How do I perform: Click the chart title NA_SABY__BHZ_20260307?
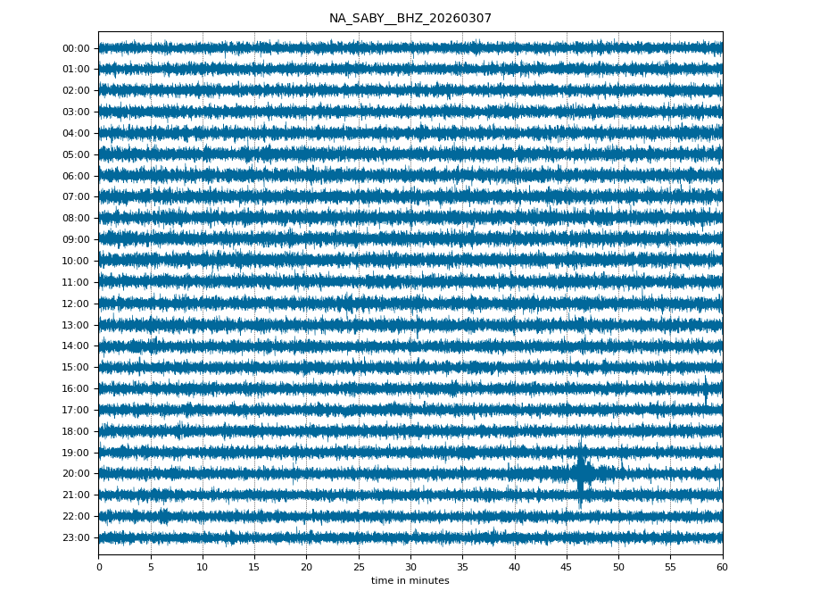click(410, 18)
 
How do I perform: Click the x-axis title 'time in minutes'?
click(410, 580)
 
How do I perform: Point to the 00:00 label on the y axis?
click(76, 48)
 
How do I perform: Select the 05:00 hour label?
click(76, 154)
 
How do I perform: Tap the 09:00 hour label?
click(76, 239)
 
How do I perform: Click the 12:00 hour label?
click(76, 304)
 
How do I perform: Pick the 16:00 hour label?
click(76, 388)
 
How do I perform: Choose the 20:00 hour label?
click(76, 473)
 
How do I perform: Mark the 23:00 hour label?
click(76, 537)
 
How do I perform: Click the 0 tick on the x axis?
click(99, 567)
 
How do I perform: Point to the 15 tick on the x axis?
click(254, 567)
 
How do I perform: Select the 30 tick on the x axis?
click(410, 567)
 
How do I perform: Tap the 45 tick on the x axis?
click(567, 567)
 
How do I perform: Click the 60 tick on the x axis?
click(722, 567)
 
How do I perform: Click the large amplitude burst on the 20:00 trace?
click(581, 473)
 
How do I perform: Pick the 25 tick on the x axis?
click(359, 567)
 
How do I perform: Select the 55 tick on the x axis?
click(670, 567)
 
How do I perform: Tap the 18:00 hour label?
click(76, 431)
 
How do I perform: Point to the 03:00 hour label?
click(76, 112)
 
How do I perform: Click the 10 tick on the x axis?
click(203, 567)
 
